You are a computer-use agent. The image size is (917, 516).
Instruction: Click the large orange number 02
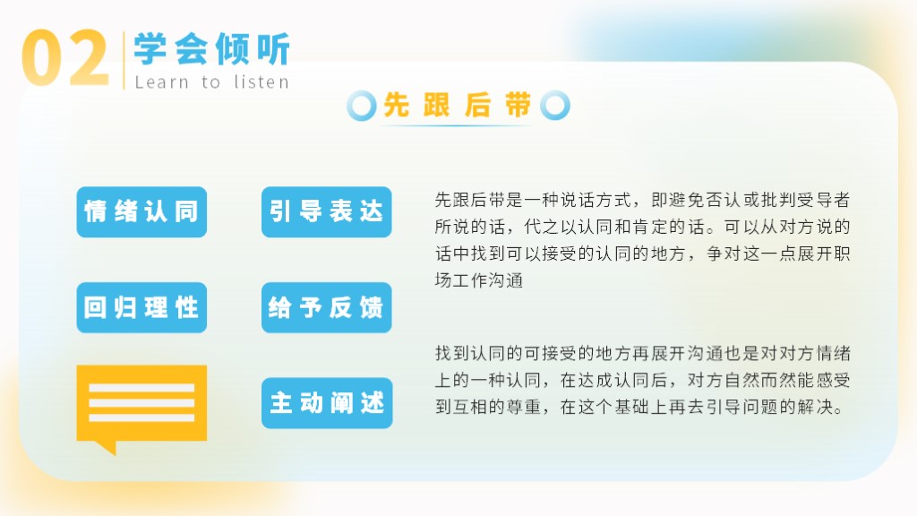[64, 57]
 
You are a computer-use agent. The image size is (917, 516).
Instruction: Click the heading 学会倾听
[211, 49]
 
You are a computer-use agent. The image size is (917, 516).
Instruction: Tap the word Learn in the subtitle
[161, 82]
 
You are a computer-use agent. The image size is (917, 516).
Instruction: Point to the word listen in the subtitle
[261, 82]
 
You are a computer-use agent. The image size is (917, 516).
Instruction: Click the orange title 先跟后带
[458, 106]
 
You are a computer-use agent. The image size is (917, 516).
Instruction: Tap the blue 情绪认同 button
[141, 211]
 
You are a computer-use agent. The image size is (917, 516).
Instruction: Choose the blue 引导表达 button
[326, 211]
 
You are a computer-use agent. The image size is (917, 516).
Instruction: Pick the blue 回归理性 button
[141, 308]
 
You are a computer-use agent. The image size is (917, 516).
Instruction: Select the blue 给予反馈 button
[326, 308]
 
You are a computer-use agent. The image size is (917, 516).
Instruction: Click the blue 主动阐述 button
[327, 403]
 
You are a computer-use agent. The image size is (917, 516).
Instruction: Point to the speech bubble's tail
[108, 448]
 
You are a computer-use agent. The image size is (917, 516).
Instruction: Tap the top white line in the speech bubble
[141, 388]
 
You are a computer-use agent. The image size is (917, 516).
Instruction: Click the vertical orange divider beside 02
[124, 60]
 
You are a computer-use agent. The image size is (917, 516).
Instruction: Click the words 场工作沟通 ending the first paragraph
[479, 280]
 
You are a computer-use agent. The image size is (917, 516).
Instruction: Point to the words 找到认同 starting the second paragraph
[470, 353]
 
